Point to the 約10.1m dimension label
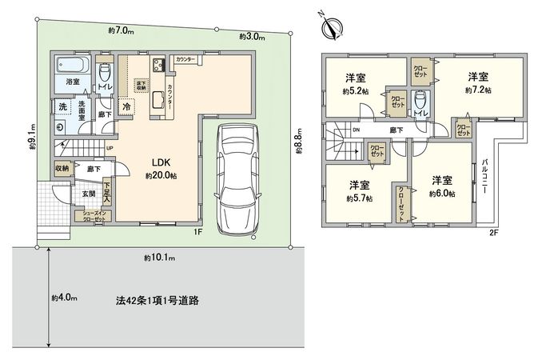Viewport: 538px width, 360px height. coord(160,258)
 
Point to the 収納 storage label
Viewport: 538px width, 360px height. coord(63,168)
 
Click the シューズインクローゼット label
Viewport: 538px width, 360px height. coord(93,215)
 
